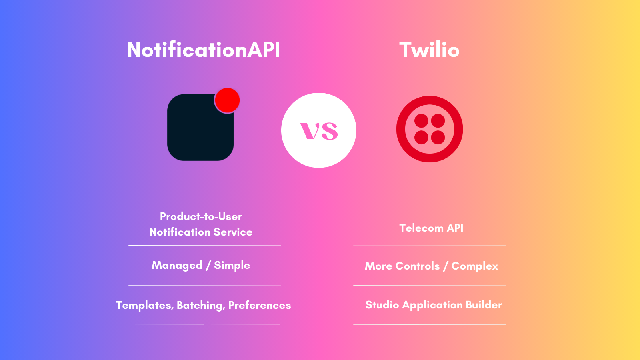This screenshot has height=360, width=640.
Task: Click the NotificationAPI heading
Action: (x=203, y=50)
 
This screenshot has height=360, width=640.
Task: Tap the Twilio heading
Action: (x=429, y=50)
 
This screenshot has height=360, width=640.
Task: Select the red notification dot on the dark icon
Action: (x=227, y=100)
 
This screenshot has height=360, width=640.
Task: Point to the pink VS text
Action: (x=319, y=131)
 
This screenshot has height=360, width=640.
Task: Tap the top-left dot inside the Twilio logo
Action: (x=421, y=121)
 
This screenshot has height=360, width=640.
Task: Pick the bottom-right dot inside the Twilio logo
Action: (x=438, y=138)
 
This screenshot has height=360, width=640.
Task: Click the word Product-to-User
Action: (x=201, y=216)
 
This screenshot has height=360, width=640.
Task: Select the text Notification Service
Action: (x=201, y=232)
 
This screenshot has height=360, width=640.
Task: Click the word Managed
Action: (x=177, y=266)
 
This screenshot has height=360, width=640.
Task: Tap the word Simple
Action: (x=232, y=266)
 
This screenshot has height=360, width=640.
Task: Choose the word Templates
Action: (x=144, y=306)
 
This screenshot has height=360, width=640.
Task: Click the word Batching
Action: (x=200, y=306)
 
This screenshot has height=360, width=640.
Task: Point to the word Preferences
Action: (x=260, y=306)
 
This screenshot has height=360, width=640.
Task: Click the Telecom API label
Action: (x=431, y=228)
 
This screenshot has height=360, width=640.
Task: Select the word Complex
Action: (x=475, y=266)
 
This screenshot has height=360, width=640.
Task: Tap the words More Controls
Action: (x=402, y=266)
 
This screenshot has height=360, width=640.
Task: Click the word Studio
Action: (x=382, y=305)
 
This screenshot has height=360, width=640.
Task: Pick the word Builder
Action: (x=484, y=305)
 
